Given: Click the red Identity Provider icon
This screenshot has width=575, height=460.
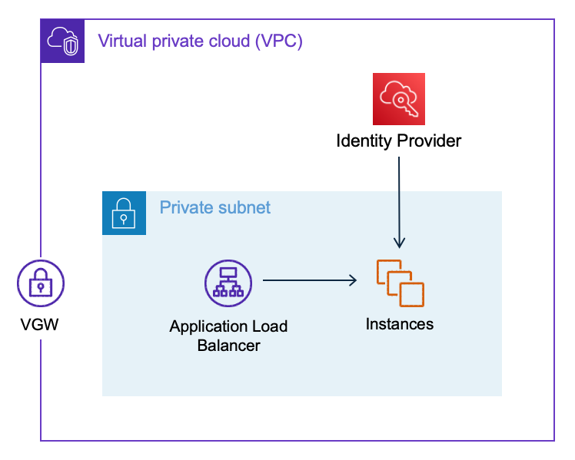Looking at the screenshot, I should point(399,99).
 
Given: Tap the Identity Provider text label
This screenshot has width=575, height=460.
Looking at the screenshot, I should point(399,141).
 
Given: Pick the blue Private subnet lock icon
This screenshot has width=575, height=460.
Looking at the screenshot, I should point(124,213).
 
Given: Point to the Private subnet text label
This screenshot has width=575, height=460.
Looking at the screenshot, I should point(215,208).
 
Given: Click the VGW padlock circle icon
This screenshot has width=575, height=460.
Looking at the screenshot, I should point(40,283).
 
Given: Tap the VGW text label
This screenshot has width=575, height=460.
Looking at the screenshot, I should point(40,326).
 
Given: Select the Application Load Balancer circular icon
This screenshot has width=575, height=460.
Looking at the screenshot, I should point(228,282).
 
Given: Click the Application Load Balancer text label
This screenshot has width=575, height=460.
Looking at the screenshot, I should point(228,336).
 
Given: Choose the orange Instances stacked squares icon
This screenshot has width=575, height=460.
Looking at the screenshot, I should point(400,283).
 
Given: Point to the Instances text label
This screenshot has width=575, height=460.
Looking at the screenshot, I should point(400,324).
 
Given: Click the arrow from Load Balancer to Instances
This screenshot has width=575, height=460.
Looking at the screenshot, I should point(307,281).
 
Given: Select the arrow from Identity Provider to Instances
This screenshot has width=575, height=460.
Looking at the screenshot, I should point(399,200).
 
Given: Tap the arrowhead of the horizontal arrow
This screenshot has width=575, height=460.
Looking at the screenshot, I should point(352,281).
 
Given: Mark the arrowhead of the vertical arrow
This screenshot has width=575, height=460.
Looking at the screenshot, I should point(399,243).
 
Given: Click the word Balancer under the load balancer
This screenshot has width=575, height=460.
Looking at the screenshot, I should point(228,346).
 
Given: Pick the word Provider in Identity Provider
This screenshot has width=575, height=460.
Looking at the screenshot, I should point(429,141).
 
